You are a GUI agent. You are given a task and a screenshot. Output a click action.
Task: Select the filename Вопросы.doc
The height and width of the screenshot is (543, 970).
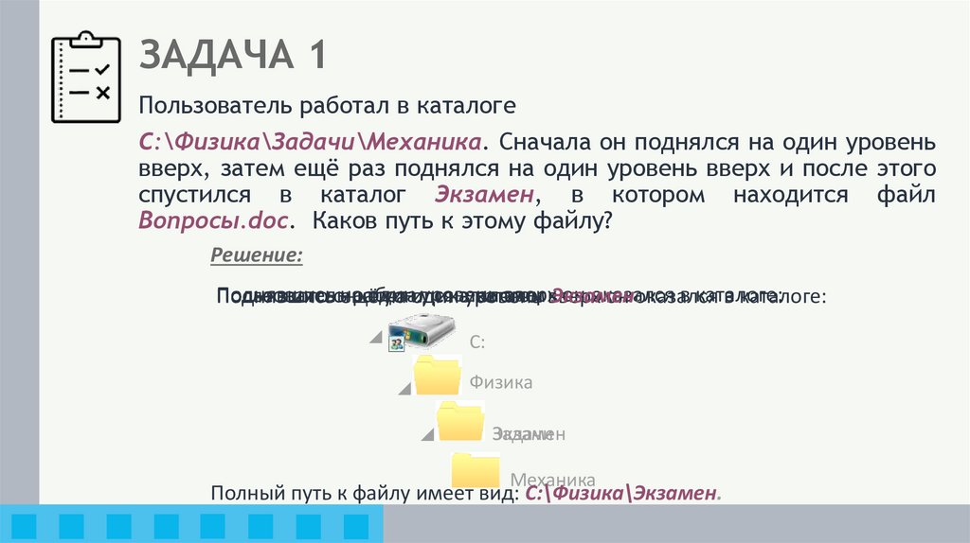[216, 221]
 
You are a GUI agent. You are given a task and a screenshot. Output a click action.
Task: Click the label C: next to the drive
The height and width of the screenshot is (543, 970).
[477, 342]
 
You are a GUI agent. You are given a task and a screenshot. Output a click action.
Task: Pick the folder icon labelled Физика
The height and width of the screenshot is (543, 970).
[438, 376]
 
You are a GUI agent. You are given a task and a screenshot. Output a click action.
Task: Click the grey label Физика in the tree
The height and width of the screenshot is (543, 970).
[500, 382]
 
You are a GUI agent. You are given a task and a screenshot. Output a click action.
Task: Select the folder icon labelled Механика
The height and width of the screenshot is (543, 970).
[476, 469]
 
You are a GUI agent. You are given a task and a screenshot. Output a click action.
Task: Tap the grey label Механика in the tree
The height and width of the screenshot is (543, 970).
[552, 479]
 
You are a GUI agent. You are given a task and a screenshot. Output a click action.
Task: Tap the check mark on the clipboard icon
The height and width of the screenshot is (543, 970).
[103, 69]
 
